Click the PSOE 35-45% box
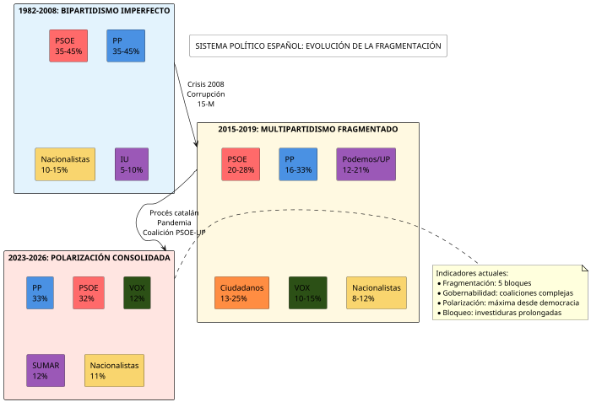tap(68, 46)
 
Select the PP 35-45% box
tap(126, 46)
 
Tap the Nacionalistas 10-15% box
tap(64, 164)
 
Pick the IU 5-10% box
tap(131, 164)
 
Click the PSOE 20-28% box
tap(241, 164)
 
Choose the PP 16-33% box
tap(298, 164)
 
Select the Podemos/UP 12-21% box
tap(366, 164)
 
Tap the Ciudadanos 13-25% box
tap(241, 292)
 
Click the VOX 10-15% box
tap(307, 292)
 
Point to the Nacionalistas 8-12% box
tap(377, 292)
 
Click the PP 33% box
tap(40, 292)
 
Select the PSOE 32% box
tap(88, 292)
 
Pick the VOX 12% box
tap(137, 292)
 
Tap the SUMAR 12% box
tap(46, 371)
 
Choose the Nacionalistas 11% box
tap(114, 371)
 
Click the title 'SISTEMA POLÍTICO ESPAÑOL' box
tap(318, 46)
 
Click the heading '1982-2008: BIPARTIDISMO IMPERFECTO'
tap(94, 11)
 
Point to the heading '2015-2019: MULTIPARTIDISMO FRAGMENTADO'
tap(307, 130)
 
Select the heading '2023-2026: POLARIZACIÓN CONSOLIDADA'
tap(89, 257)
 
